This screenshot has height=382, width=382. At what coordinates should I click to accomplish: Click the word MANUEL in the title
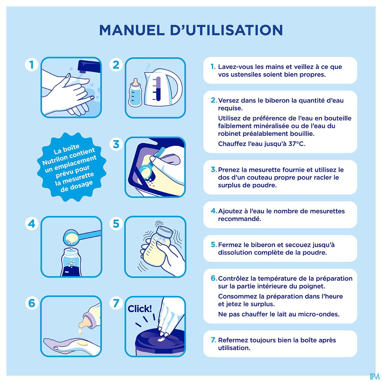pyautogui.click(x=132, y=30)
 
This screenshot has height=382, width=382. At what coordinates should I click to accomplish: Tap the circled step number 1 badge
pyautogui.click(x=32, y=65)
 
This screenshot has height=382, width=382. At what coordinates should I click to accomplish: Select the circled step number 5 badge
pyautogui.click(x=116, y=224)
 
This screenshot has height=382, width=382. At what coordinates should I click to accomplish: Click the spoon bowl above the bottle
pyautogui.click(x=71, y=237)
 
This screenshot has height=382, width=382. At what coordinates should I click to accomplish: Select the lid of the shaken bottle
pyautogui.click(x=165, y=231)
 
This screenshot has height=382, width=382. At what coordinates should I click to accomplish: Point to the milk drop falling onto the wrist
pyautogui.click(x=80, y=331)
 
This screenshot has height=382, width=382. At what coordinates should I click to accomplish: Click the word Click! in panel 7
pyautogui.click(x=140, y=309)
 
